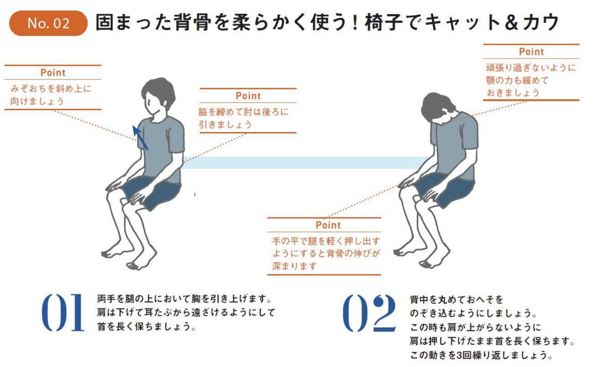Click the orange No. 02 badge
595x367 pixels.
pyautogui.click(x=49, y=23)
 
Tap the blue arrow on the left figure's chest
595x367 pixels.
pyautogui.click(x=140, y=138)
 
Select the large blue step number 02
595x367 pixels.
pyautogui.click(x=369, y=313)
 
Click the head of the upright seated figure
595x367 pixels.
pyautogui.click(x=158, y=96)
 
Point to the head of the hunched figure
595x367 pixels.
pyautogui.click(x=438, y=109)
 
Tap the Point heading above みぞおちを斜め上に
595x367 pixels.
pyautogui.click(x=53, y=73)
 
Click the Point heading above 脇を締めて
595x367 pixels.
pyautogui.click(x=248, y=96)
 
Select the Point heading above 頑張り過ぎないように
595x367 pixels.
pyautogui.click(x=531, y=52)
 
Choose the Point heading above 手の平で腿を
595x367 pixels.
pyautogui.click(x=328, y=225)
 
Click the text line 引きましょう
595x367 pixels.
pyautogui.click(x=225, y=124)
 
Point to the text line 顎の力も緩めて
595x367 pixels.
pyautogui.click(x=517, y=80)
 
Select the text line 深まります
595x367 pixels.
pyautogui.click(x=294, y=266)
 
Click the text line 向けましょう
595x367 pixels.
pyautogui.click(x=37, y=101)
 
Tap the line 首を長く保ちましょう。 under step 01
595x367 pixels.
pyautogui.click(x=146, y=326)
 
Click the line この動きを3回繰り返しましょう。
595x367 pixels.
pyautogui.click(x=481, y=355)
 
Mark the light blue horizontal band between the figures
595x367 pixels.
pyautogui.click(x=305, y=163)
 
